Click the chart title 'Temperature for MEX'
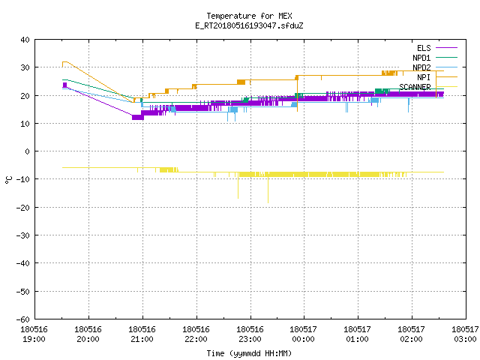point(249,16)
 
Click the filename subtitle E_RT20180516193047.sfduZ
point(249,25)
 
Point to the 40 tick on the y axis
point(25,40)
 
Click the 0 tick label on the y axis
point(28,151)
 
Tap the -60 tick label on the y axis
point(23,319)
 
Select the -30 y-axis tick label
point(23,235)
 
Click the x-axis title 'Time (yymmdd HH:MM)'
point(249,353)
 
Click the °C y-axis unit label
point(8,180)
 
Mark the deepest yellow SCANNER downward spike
point(268,202)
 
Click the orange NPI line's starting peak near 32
point(65,61)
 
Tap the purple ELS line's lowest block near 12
point(138,117)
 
